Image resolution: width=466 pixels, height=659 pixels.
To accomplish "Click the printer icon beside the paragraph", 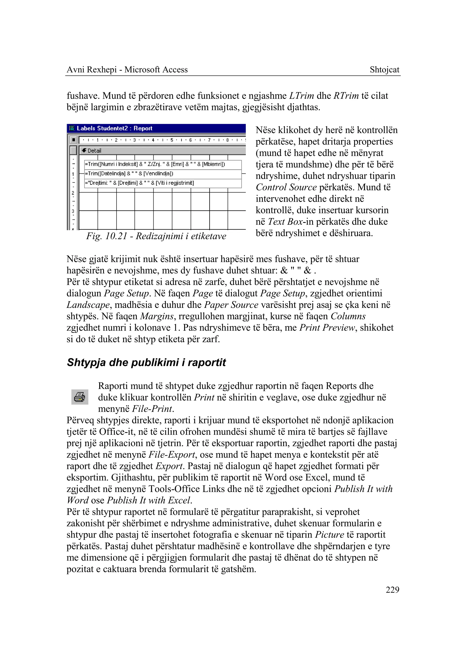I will tap(79, 397).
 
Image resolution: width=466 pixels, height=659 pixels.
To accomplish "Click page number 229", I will tap(392, 590).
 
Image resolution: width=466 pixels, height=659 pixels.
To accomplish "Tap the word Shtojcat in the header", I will tap(384, 70).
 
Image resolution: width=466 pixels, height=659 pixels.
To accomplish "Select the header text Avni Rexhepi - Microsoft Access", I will tap(127, 70).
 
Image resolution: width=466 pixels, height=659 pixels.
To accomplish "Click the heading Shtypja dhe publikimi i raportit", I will tap(146, 362).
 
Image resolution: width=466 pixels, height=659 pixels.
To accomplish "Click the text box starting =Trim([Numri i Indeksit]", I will tap(163, 164).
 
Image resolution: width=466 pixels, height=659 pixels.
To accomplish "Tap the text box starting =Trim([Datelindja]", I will tap(163, 174).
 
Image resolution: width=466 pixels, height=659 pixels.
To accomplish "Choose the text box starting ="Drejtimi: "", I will tap(163, 183).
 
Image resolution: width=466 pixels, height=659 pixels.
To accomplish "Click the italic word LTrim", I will tap(301, 96).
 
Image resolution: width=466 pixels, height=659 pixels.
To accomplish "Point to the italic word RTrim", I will tap(346, 96).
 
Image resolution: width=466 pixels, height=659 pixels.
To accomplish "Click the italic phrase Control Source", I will tap(286, 187).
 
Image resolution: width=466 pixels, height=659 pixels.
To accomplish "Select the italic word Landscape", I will tap(88, 305).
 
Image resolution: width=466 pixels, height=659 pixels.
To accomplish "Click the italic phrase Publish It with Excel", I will tap(149, 500).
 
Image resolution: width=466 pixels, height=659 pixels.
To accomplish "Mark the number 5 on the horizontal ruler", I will tap(172, 140).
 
